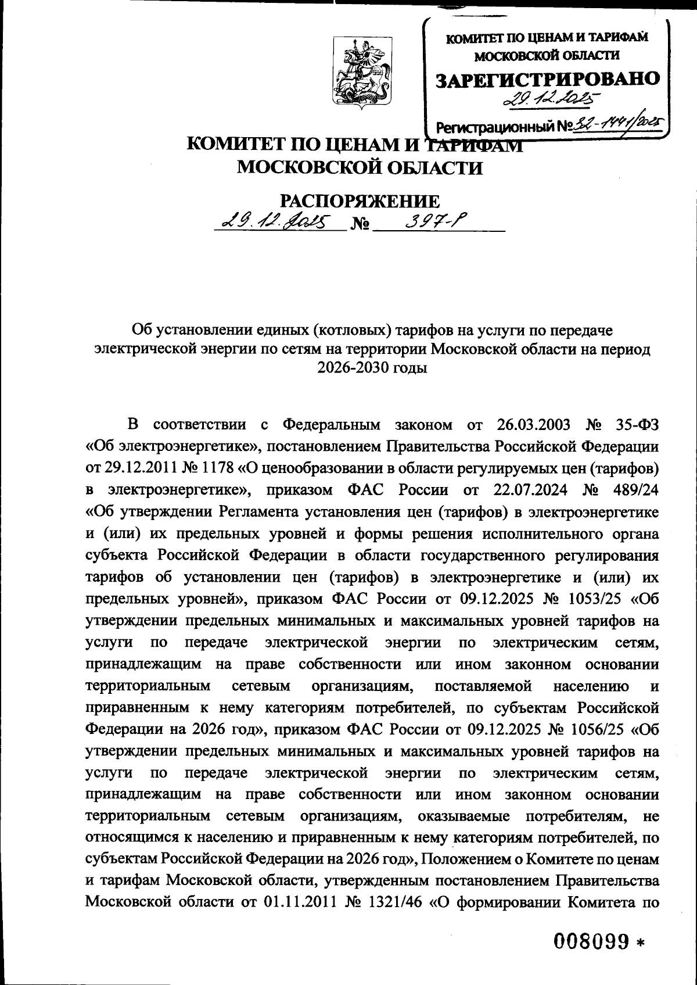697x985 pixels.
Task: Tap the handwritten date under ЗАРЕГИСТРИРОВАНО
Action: pos(551,100)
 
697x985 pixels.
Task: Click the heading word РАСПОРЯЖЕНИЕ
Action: pos(360,201)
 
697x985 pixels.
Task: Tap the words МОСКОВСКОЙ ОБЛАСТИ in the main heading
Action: pos(361,168)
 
